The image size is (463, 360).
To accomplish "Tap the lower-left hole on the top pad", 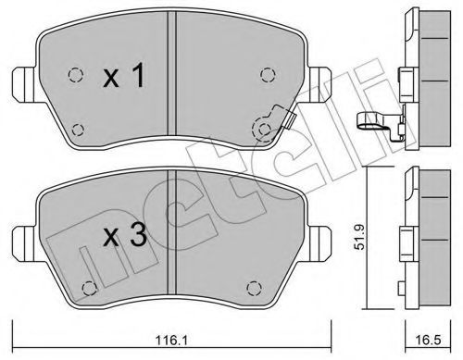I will pos(78,130).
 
